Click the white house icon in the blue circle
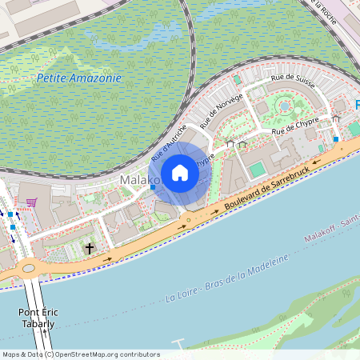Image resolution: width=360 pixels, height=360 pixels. point(180,173)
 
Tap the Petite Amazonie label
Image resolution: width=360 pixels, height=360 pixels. point(79,78)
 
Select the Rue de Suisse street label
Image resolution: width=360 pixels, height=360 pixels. point(293,81)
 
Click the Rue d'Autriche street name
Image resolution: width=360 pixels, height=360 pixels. point(169,137)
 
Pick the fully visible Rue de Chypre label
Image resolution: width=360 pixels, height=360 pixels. point(295,126)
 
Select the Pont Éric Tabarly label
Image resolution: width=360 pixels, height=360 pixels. point(37,318)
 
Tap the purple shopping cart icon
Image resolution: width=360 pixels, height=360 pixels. point(31,202)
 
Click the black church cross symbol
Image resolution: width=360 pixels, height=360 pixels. point(90,249)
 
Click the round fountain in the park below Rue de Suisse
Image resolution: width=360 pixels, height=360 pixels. point(283,105)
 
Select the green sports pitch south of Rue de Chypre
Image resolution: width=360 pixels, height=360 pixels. point(257,170)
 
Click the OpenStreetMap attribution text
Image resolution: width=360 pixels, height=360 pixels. point(80,354)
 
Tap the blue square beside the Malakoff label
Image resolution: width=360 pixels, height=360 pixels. point(152,188)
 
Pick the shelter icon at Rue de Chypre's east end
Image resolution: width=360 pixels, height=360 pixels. point(336,119)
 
